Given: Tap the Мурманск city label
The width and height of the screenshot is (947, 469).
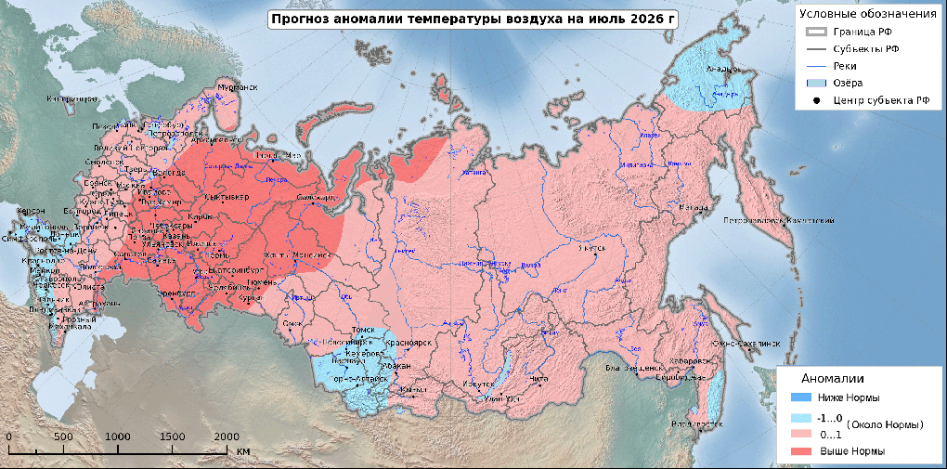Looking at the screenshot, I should tap(236, 87).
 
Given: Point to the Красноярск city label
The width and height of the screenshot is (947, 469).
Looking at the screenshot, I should tap(410, 343).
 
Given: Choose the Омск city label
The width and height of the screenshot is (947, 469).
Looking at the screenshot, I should tap(292, 323).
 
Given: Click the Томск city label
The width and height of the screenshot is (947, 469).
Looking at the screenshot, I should tap(360, 332).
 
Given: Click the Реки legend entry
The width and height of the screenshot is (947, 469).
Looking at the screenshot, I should tap(844, 66).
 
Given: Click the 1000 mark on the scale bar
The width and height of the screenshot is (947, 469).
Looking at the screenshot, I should tap(118, 436).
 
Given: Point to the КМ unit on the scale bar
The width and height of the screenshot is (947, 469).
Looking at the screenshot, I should tap(243, 451).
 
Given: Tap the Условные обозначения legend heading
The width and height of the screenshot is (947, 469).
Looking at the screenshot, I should tap(867, 13).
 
